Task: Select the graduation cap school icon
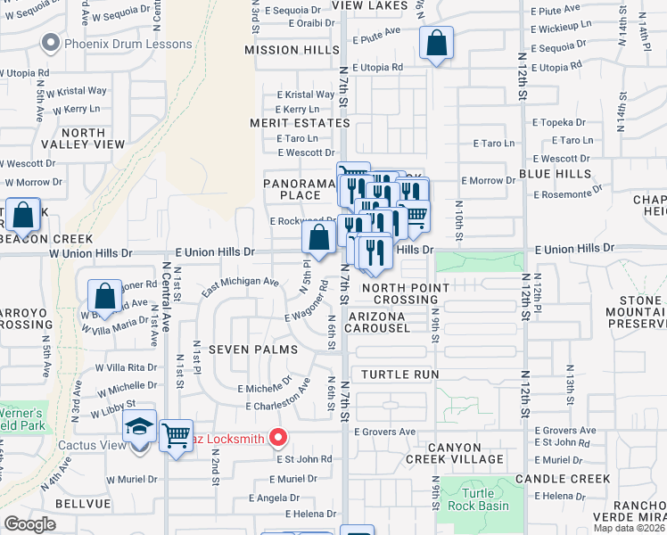point(140,427)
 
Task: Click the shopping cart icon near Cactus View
point(177,435)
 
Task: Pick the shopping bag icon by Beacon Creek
point(23,215)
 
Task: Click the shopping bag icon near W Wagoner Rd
point(105,296)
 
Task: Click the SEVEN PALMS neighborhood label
point(252,350)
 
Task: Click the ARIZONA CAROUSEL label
point(393,322)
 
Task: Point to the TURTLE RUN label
point(400,374)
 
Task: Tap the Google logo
point(30,523)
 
